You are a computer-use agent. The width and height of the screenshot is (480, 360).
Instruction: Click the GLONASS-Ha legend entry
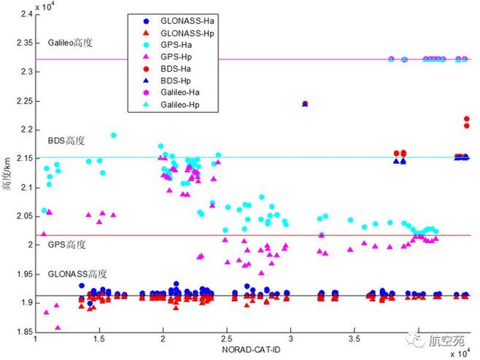[179, 21]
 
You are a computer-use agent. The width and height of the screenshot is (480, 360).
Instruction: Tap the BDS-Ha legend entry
[167, 69]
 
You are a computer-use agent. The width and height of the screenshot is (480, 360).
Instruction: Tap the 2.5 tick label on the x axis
[227, 339]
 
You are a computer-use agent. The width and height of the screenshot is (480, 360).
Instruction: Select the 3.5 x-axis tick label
[354, 339]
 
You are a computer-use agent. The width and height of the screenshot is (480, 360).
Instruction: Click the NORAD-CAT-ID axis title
[251, 350]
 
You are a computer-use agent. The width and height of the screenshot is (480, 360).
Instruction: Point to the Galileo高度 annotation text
[70, 43]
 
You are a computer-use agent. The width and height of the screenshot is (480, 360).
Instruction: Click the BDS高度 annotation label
[66, 140]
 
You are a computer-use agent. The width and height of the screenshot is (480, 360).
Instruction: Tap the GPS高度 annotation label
[67, 245]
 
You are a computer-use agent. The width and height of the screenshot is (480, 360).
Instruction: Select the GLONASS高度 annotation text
[77, 274]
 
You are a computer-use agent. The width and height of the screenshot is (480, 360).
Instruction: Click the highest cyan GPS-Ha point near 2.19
[113, 136]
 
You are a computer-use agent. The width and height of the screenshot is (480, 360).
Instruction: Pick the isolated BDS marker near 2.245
[305, 104]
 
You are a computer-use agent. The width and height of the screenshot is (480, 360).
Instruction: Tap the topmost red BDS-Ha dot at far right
[467, 119]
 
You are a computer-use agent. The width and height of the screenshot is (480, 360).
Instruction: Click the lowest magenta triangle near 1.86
[58, 328]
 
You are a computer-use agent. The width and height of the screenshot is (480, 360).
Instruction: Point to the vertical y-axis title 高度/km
[7, 173]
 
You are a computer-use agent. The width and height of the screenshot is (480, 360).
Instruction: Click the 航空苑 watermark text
[446, 340]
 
